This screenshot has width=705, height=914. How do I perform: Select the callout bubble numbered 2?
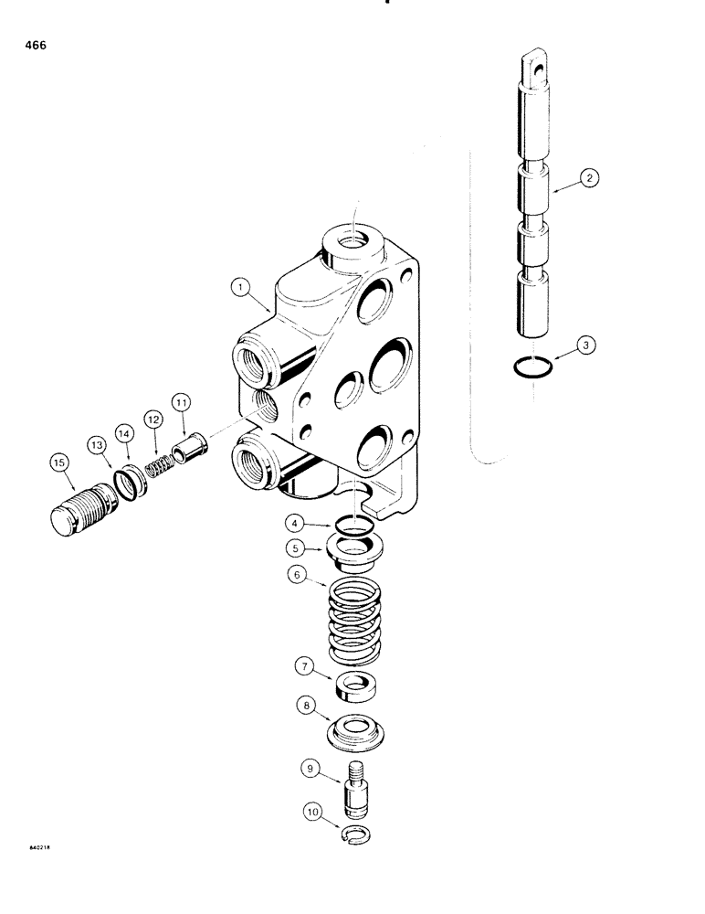coord(591,179)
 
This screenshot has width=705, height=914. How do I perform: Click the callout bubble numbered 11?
coord(181,400)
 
